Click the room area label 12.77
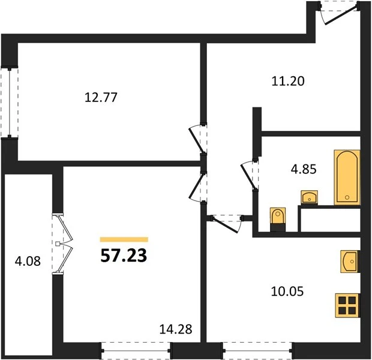[101, 97]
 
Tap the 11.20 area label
[288, 81]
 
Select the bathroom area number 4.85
[304, 169]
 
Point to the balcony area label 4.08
[28, 261]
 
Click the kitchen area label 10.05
[287, 292]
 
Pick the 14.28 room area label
[176, 329]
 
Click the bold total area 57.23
[124, 256]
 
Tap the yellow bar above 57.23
[124, 239]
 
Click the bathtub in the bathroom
[347, 177]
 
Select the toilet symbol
[278, 219]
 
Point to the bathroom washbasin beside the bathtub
[310, 197]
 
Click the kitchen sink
[350, 261]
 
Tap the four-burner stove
[347, 305]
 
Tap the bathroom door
[250, 175]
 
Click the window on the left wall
[9, 103]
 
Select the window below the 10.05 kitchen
[257, 350]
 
